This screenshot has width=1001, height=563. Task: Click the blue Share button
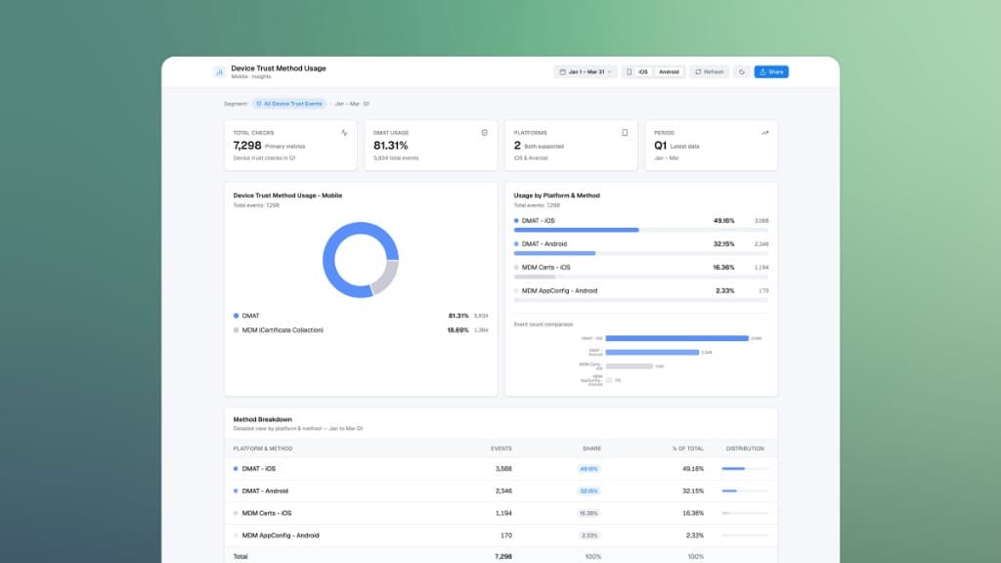point(771,71)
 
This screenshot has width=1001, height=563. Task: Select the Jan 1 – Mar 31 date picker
point(586,71)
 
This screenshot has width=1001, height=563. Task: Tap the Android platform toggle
point(669,71)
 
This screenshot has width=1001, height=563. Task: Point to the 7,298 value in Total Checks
point(247,146)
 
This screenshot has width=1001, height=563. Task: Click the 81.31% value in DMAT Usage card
point(391,146)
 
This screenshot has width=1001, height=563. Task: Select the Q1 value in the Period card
point(660,146)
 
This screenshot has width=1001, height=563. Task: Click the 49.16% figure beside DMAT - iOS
point(724,221)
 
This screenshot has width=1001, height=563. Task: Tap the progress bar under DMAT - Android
point(554,253)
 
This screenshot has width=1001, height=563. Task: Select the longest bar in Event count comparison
point(676,338)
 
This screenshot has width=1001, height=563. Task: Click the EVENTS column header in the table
point(500,449)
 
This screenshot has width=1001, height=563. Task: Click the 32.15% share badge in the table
point(588,491)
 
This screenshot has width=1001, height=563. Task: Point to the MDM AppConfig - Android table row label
point(282,536)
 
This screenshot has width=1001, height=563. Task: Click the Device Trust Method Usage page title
point(279,68)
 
